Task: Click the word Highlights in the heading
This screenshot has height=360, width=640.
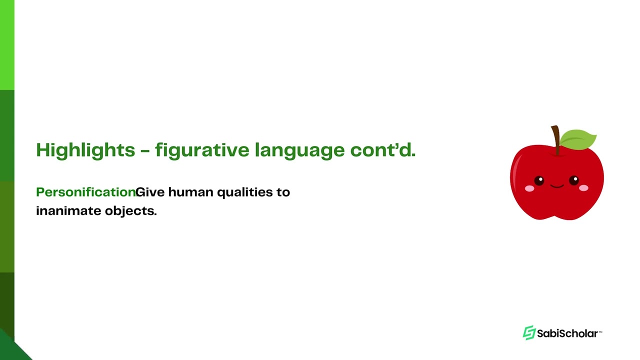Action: pos(85,150)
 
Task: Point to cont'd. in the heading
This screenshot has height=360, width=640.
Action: pos(383,149)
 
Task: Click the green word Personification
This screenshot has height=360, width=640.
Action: pos(85,192)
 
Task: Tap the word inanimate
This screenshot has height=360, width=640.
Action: pos(68,210)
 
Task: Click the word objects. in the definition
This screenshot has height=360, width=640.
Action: pos(130,210)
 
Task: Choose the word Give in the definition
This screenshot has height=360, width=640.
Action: pos(150,192)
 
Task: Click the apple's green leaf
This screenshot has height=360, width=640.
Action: pos(578,138)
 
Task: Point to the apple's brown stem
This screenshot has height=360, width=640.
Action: pos(555,139)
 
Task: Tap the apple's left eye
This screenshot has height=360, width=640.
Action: pos(538,180)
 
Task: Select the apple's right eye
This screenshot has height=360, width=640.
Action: pos(574,180)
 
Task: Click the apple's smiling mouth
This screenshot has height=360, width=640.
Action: pos(556,186)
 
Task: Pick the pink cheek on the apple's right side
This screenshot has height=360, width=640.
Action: pos(583,188)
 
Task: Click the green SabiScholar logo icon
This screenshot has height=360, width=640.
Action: pos(529,333)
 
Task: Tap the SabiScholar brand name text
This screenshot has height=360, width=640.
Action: pos(567,333)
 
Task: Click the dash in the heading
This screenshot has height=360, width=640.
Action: pos(145,150)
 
